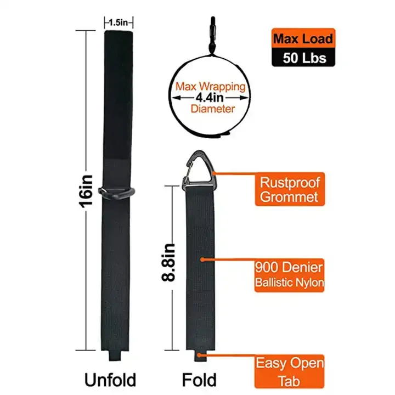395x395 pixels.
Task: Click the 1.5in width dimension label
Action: (x=117, y=22)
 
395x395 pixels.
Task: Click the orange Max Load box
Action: (x=303, y=38)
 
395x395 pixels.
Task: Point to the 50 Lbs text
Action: (x=303, y=58)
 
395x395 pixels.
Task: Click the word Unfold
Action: (x=110, y=380)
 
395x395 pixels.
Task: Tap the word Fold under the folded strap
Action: (x=200, y=380)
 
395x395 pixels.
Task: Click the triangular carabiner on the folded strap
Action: (x=200, y=167)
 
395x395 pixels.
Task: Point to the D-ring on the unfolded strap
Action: (x=115, y=190)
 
